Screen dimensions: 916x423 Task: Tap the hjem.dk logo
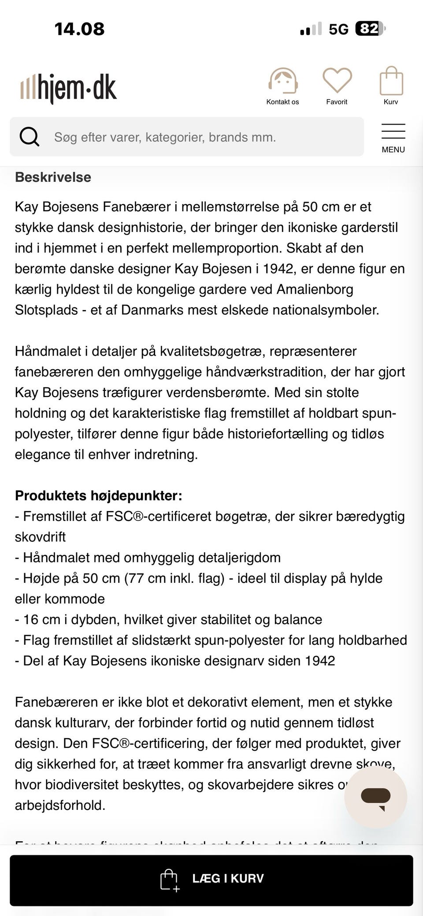(69, 88)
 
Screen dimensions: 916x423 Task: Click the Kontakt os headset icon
(282, 81)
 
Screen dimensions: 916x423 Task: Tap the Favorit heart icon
(337, 80)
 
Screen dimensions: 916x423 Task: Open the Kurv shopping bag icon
(391, 81)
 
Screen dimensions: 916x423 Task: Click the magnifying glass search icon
(30, 137)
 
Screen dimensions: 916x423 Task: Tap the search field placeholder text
(165, 137)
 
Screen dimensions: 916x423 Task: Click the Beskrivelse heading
(53, 177)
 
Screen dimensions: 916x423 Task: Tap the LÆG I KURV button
(211, 878)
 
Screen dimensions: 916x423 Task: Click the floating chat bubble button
(375, 797)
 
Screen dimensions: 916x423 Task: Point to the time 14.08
(79, 29)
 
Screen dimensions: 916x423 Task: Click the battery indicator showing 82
(369, 29)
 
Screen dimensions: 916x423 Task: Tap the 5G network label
(338, 29)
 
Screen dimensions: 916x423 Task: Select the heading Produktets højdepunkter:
(98, 496)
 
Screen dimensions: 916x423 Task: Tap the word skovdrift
(40, 537)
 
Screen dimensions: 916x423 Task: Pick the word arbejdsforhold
(60, 805)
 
